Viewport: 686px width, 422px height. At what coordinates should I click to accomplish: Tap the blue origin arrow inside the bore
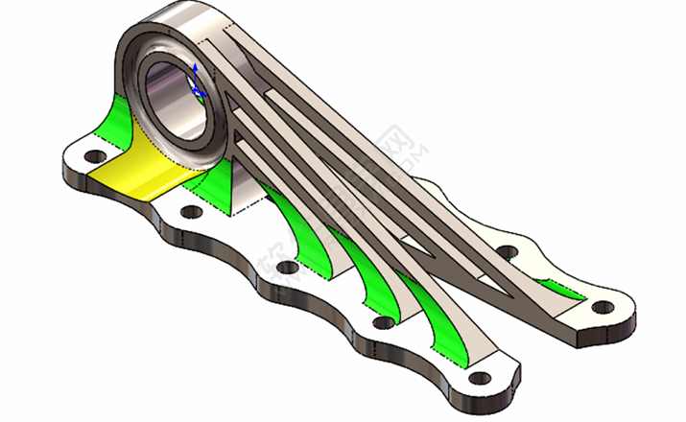pyautogui.click(x=198, y=82)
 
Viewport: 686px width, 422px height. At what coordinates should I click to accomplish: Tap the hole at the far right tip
pyautogui.click(x=602, y=308)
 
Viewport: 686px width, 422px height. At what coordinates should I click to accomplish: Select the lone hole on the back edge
pyautogui.click(x=508, y=251)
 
